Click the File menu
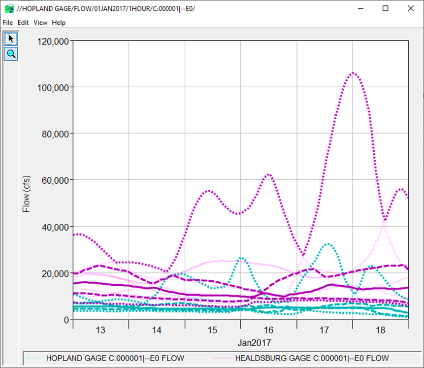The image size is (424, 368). tap(7, 23)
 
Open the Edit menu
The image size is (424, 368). tap(23, 23)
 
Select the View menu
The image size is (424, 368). tap(40, 23)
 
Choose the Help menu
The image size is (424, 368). tap(59, 23)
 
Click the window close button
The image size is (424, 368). tap(411, 8)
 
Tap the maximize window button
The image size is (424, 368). tap(386, 8)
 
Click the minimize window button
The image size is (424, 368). tap(360, 8)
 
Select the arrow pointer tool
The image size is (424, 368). tap(11, 38)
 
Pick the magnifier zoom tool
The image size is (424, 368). tap(11, 54)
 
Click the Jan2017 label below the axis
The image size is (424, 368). tap(255, 342)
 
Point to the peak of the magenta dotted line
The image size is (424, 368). tap(353, 73)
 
